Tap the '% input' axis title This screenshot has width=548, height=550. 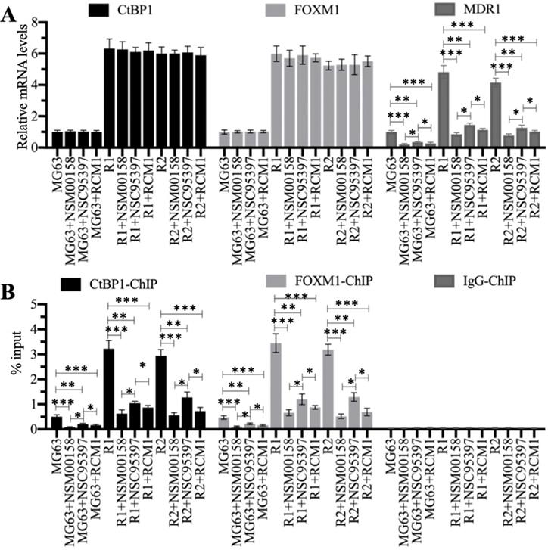17,366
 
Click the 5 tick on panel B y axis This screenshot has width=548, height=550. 36,305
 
